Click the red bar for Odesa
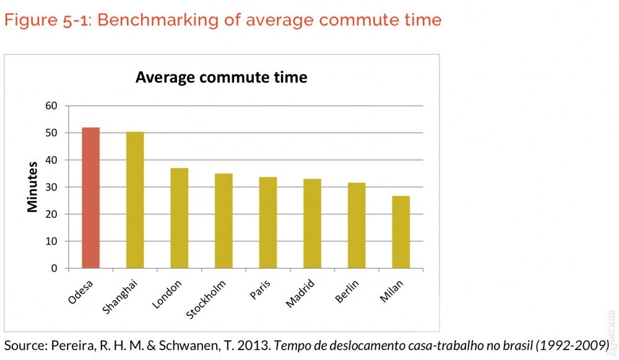90,198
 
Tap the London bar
180,218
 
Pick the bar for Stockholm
223,221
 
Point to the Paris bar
268,223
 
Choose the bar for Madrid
312,223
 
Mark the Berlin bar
357,225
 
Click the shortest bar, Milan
400,232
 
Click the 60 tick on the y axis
51,106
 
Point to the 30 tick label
51,187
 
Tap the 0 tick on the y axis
54,268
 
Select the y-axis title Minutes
33,187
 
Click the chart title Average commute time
221,77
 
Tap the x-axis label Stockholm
207,300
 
